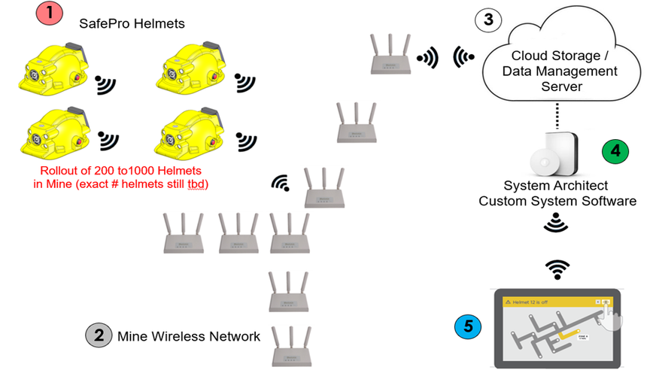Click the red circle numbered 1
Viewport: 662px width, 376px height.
(49, 14)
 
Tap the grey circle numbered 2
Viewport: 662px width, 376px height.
(99, 335)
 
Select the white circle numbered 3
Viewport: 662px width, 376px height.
(487, 20)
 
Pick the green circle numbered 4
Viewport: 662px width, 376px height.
(616, 149)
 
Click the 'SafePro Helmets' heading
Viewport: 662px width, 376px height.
(132, 24)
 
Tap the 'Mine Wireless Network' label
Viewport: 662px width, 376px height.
(189, 336)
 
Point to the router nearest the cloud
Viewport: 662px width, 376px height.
(390, 54)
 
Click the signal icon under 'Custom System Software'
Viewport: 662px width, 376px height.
(556, 222)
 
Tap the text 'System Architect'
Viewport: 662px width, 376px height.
(554, 186)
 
